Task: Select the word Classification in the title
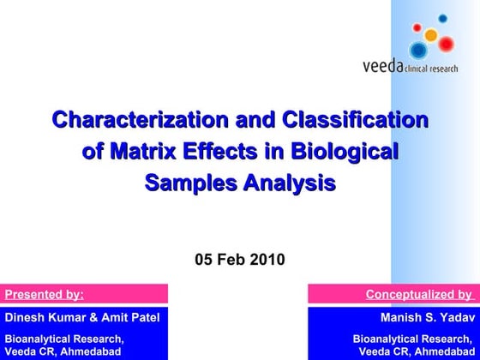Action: pos(355,121)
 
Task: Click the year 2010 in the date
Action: pos(267,259)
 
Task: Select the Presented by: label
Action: pos(45,295)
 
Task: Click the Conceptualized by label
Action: pos(418,295)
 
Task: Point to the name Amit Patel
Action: pos(131,318)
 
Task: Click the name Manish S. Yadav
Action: pos(426,318)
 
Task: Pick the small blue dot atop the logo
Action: pos(443,18)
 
